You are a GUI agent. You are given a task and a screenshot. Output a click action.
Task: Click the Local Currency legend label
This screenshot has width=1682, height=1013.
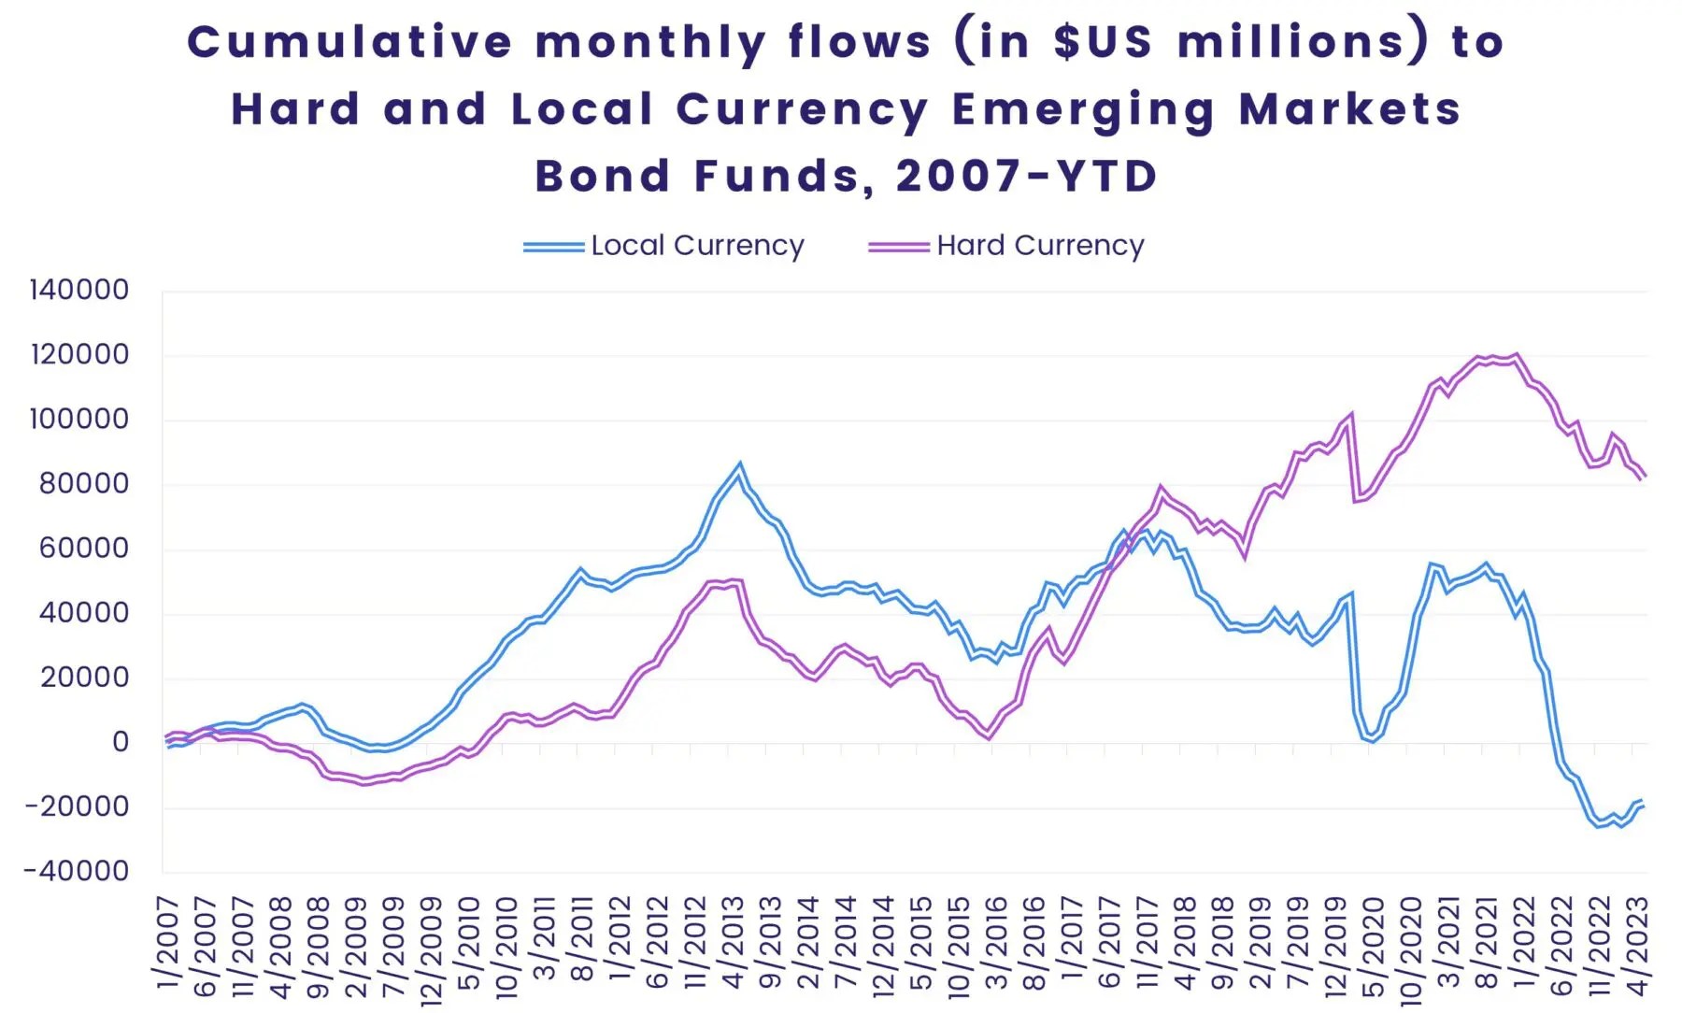(697, 246)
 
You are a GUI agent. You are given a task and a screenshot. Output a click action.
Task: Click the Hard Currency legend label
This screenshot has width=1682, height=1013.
(1040, 246)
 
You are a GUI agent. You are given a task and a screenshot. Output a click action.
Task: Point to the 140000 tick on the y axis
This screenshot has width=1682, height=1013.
(79, 290)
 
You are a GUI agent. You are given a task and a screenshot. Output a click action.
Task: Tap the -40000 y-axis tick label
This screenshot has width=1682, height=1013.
(77, 871)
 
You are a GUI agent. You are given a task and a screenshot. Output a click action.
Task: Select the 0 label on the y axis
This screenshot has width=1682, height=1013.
(120, 742)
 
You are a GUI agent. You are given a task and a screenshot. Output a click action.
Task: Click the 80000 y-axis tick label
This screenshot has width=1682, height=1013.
(83, 483)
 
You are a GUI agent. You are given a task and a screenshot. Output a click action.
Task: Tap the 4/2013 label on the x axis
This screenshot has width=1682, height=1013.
(733, 942)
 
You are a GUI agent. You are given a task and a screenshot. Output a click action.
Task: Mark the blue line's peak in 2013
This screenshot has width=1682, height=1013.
(740, 466)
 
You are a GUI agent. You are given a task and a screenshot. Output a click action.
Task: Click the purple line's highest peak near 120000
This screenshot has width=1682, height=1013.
(1516, 355)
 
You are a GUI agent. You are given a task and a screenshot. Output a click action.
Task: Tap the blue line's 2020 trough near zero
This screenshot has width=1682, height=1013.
(1372, 739)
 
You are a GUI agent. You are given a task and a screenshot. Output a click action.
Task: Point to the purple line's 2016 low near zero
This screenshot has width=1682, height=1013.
(989, 737)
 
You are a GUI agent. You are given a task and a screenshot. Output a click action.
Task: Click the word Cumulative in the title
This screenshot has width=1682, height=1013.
(349, 42)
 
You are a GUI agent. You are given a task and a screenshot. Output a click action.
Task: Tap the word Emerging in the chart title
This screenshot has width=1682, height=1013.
(1084, 109)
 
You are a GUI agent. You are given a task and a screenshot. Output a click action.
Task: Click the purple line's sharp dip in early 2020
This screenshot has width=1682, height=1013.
(1356, 500)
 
